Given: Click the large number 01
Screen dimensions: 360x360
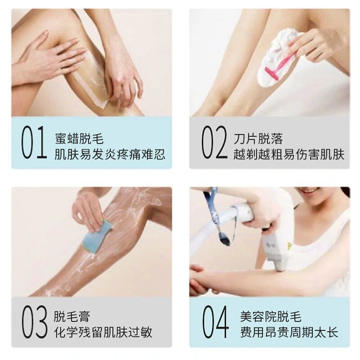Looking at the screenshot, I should (x=34, y=143).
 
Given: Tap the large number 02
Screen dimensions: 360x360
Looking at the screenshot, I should (x=213, y=143).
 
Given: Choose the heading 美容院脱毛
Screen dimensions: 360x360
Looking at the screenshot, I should (x=270, y=316).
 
